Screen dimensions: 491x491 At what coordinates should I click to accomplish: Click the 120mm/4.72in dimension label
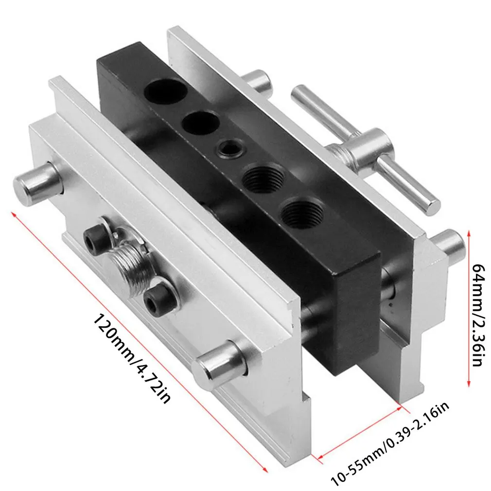point(132,358)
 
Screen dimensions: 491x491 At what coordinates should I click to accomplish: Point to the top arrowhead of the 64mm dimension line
point(468,233)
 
